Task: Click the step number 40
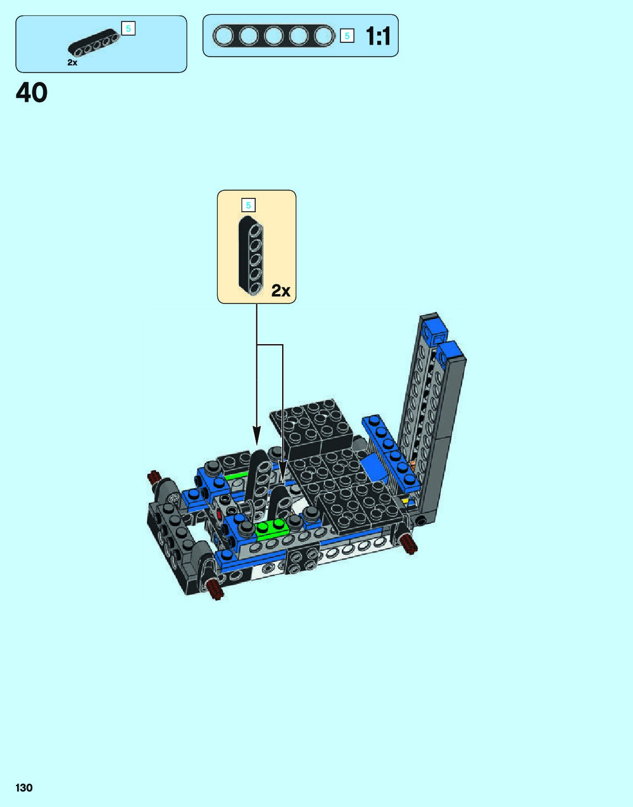[31, 92]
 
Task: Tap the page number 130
[24, 787]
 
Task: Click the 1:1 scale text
[378, 36]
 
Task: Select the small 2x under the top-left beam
[73, 62]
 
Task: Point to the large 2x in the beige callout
[281, 290]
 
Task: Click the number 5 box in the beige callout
[249, 205]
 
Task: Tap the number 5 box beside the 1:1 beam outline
[347, 36]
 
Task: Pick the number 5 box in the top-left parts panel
[128, 28]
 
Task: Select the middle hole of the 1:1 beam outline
[274, 36]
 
